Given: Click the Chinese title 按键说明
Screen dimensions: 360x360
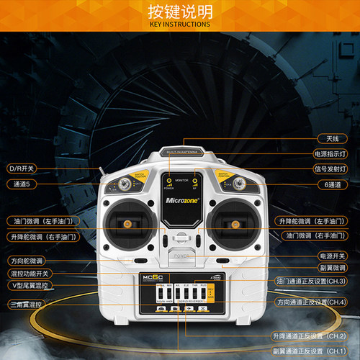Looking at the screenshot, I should point(180,12).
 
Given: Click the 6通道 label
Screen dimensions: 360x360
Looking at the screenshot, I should point(330,184).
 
